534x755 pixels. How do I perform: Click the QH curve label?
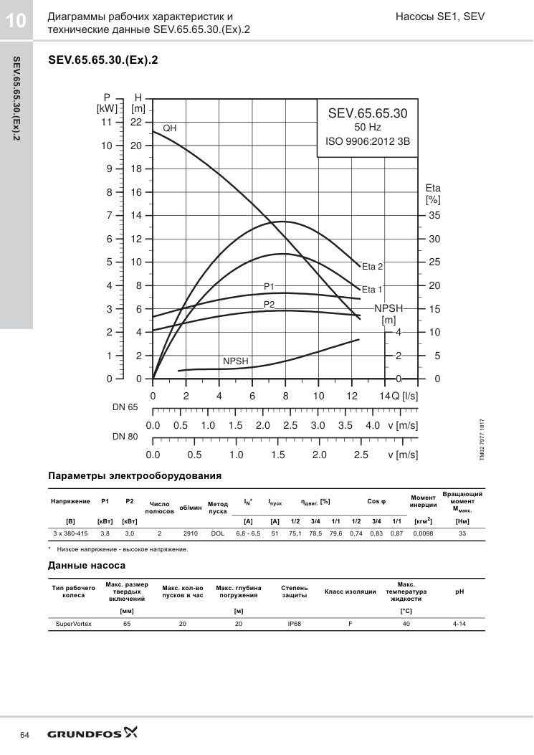point(169,128)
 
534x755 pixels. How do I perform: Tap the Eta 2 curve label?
point(372,266)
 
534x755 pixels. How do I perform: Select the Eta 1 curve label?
point(372,290)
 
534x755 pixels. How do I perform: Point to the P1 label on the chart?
point(269,287)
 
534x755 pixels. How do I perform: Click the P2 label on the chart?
point(269,304)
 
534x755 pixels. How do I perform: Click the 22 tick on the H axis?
point(136,123)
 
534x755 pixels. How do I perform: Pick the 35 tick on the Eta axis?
point(434,215)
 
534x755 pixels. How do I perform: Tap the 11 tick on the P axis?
point(106,123)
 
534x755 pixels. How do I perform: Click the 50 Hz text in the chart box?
point(368,127)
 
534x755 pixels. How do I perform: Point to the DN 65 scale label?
point(125,407)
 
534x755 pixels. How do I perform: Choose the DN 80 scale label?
point(125,437)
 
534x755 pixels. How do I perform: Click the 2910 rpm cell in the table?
point(191,533)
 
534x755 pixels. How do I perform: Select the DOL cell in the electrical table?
point(218,533)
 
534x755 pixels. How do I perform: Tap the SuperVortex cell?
point(74,624)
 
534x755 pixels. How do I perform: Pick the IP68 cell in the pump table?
point(294,624)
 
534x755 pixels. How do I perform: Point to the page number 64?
point(24,735)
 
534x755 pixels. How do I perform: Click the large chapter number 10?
point(15,21)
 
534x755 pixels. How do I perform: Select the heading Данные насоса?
point(87,565)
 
